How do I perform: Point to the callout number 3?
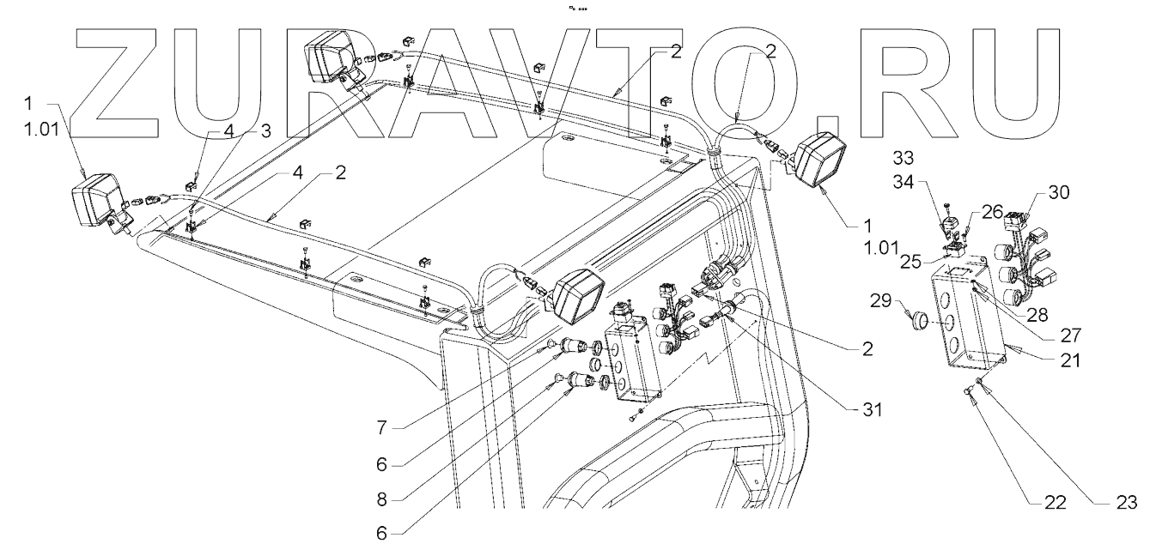pos(265,130)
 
